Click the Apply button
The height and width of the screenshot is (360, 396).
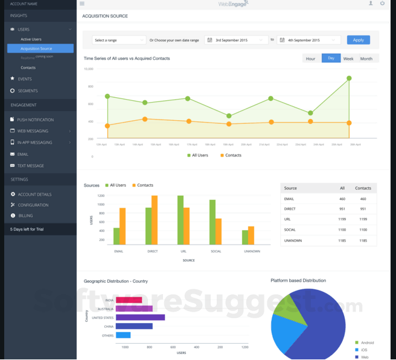coord(358,40)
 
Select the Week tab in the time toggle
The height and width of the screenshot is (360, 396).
coord(348,59)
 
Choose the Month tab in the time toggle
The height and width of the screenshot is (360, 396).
coord(366,59)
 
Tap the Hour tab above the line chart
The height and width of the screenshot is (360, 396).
coord(310,59)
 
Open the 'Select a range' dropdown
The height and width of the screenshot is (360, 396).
coord(119,40)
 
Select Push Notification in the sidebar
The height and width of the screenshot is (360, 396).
coord(35,120)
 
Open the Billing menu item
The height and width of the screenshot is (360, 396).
coord(25,216)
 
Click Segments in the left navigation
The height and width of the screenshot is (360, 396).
coord(28,91)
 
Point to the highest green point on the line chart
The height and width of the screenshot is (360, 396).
coord(349,78)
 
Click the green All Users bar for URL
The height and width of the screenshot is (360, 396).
coord(180,220)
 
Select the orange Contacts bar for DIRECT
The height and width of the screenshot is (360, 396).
coord(155,220)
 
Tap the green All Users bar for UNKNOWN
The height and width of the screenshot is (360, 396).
coord(244,237)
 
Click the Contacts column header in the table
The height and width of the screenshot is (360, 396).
coord(363,188)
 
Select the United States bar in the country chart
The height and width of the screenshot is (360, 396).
coord(140,317)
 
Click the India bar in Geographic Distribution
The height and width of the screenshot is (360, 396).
coord(129,300)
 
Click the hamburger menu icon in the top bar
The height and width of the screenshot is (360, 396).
coord(82,4)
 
